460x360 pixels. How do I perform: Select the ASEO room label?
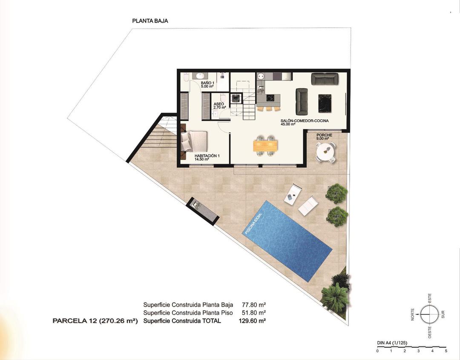pos(219,106)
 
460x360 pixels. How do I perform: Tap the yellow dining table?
pos(265,146)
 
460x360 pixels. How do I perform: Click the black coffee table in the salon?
pos(325,103)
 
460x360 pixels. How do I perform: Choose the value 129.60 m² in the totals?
pos(253,321)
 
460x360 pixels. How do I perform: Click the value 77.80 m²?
pos(254,305)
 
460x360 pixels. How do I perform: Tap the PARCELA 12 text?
pos(95,321)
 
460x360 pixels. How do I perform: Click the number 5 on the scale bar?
pos(446,351)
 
